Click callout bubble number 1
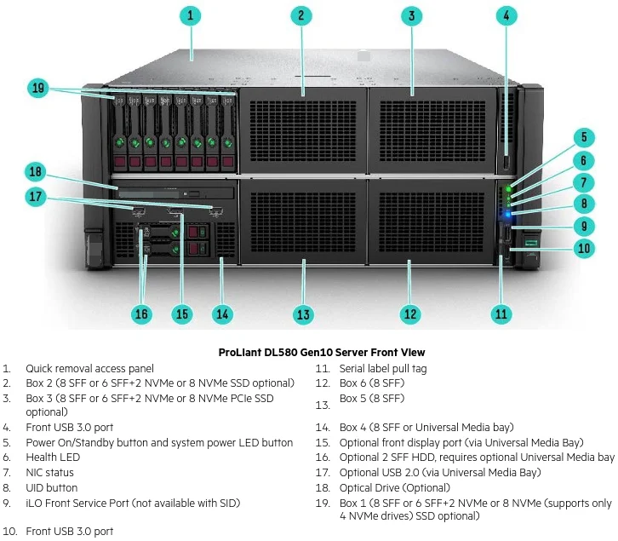tap(191, 15)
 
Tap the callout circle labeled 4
tap(506, 15)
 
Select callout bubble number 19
tap(37, 87)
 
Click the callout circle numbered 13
tap(303, 314)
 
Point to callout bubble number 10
tap(584, 249)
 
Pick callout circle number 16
tap(141, 314)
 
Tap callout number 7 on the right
tap(584, 182)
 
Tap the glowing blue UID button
tap(508, 207)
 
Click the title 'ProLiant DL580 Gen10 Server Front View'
tap(321, 352)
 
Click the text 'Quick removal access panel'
tap(89, 369)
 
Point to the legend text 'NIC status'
tap(49, 473)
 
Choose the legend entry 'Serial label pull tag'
tap(383, 369)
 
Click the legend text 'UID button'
tap(52, 488)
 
